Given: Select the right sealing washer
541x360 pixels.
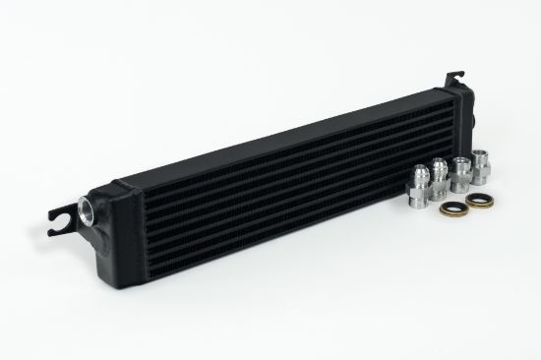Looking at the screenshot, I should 479,203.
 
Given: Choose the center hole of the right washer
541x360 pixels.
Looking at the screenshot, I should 479,203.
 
